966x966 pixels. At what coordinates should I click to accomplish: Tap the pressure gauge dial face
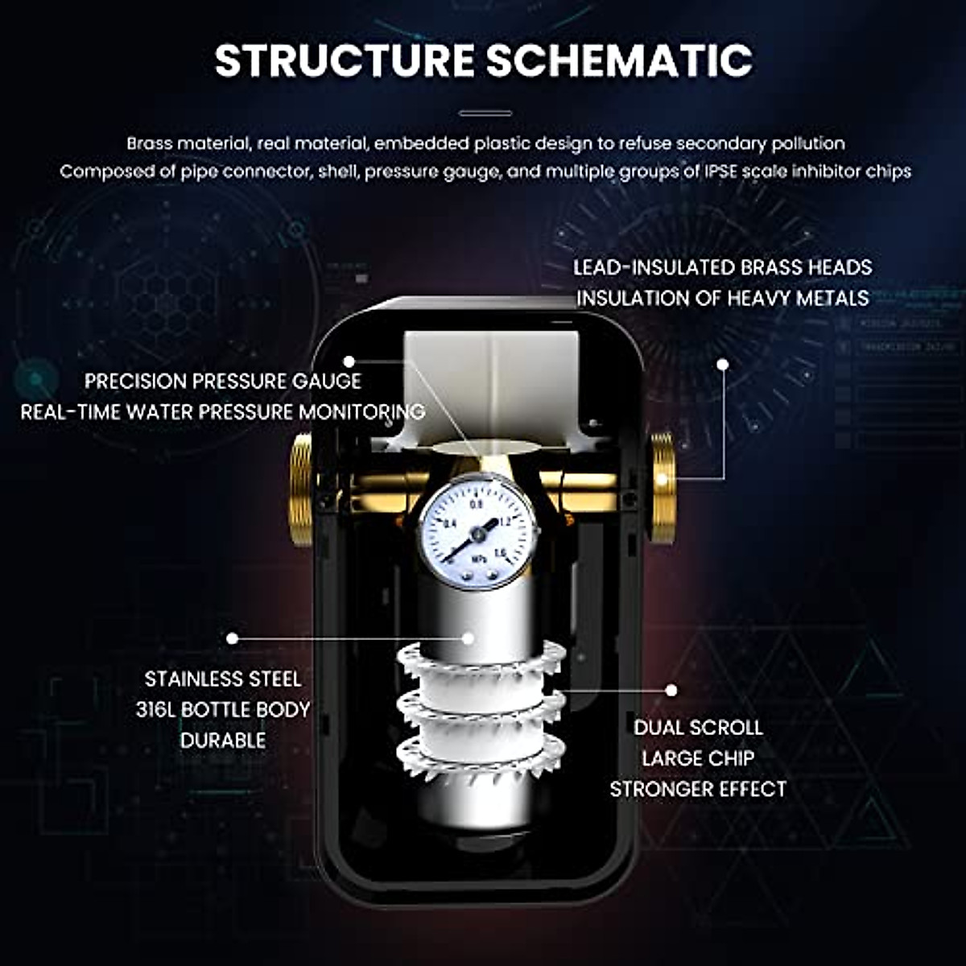(x=478, y=532)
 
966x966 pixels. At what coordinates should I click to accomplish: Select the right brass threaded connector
(x=663, y=488)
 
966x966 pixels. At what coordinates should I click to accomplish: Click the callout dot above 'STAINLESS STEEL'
(x=232, y=638)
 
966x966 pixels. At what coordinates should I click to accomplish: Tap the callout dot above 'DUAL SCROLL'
(x=671, y=690)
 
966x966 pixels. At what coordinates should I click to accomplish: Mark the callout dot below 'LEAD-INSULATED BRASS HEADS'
(x=722, y=365)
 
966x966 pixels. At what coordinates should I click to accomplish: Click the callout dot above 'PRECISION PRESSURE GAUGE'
(x=349, y=361)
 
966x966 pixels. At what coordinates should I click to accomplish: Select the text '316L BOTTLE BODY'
(x=223, y=710)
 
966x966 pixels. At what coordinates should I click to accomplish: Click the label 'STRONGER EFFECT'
(x=697, y=789)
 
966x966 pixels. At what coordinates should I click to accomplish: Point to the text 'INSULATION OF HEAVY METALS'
(x=722, y=298)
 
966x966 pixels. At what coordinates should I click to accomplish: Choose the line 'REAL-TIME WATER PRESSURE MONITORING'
(x=223, y=412)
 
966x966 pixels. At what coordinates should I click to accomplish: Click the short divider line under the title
(x=485, y=114)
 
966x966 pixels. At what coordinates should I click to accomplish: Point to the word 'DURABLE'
(x=223, y=741)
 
